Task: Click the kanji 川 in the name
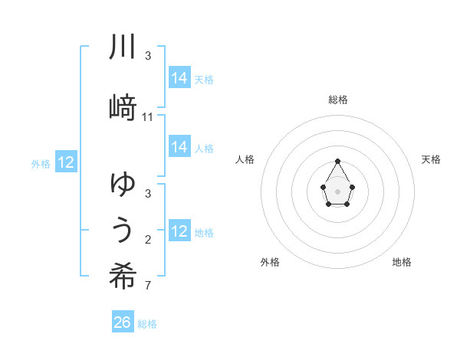(x=123, y=48)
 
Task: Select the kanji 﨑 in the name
(x=123, y=107)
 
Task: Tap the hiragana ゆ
(x=123, y=184)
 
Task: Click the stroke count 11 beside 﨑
(x=148, y=116)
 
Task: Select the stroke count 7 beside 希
(x=148, y=286)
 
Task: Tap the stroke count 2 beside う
(x=148, y=240)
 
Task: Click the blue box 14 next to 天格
(x=179, y=77)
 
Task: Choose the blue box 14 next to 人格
(x=179, y=147)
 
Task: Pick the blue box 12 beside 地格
(x=179, y=231)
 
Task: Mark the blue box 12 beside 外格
(x=66, y=162)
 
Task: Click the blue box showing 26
(x=123, y=322)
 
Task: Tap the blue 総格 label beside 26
(x=147, y=324)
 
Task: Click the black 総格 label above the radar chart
(x=338, y=100)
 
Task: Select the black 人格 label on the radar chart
(x=245, y=159)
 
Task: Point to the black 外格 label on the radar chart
(x=270, y=262)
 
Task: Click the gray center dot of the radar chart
(x=337, y=190)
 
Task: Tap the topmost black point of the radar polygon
(x=337, y=161)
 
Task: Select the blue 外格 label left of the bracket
(x=41, y=163)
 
